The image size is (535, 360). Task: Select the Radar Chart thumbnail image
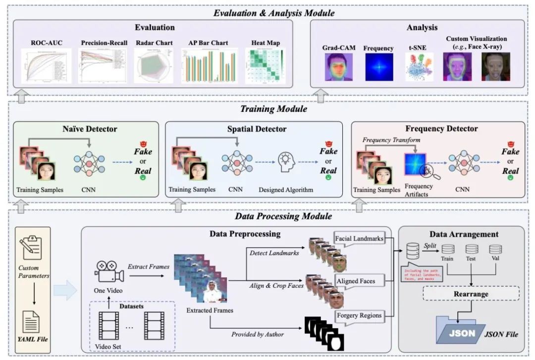[x=154, y=65]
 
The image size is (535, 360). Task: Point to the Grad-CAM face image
[x=334, y=67]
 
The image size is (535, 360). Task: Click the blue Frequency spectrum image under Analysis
[x=378, y=67]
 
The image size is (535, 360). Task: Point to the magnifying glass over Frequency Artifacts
[x=425, y=173]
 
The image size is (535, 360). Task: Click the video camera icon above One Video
[x=108, y=272]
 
